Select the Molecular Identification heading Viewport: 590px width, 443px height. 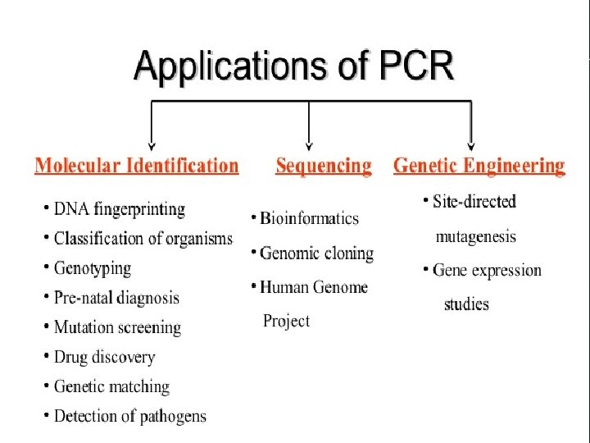[x=137, y=166]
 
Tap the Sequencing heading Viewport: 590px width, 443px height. [x=323, y=167]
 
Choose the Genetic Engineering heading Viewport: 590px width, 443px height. [x=479, y=166]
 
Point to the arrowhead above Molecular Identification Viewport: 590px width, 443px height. [x=150, y=142]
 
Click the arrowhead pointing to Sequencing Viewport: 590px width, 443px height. [x=308, y=142]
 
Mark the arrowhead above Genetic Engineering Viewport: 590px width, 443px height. [x=470, y=142]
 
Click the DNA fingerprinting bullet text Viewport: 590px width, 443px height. [x=120, y=209]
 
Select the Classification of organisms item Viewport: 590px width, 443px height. [x=143, y=239]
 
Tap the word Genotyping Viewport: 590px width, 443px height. [x=93, y=268]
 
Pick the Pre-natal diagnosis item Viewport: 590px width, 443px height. [x=116, y=298]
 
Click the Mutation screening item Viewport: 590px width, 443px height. [x=117, y=327]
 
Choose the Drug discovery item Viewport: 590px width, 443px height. [x=104, y=357]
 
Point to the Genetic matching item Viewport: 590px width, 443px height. [x=111, y=386]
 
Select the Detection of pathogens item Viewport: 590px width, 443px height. [x=130, y=416]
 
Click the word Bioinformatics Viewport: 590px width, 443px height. [x=310, y=218]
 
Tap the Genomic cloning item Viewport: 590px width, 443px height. [x=316, y=253]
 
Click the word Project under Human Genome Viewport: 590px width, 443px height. [x=286, y=321]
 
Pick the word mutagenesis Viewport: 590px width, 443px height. [x=475, y=236]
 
